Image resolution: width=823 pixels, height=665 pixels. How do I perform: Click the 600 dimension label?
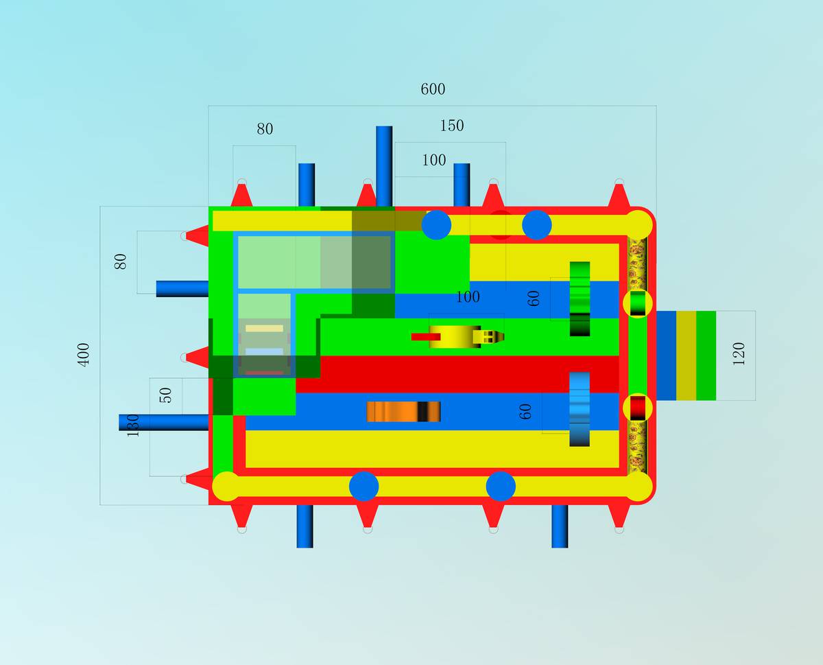tap(433, 89)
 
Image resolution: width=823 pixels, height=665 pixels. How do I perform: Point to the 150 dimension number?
tap(452, 126)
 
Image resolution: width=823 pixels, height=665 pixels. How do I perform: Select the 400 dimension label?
tap(84, 355)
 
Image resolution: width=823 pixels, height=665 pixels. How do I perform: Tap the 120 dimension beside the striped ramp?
tap(739, 353)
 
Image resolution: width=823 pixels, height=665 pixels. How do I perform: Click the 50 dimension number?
tap(165, 395)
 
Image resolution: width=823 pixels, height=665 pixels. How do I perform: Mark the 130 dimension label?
tap(132, 425)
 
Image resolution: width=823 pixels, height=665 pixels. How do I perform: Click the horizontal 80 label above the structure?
tap(265, 129)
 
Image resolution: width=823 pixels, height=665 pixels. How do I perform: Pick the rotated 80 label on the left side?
tap(120, 261)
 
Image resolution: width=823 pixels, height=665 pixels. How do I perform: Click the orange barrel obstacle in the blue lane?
tap(403, 412)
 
